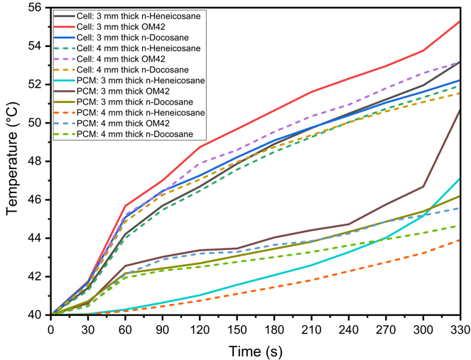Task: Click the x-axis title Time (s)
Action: (x=255, y=350)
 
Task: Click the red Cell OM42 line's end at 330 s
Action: (x=460, y=21)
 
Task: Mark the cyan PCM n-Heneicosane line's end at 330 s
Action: (x=460, y=178)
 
